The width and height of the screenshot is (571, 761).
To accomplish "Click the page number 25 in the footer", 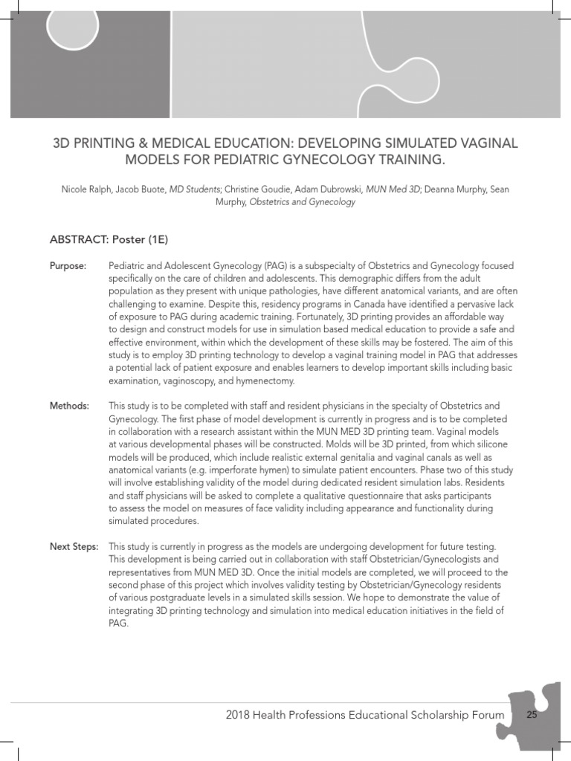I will tap(532, 715).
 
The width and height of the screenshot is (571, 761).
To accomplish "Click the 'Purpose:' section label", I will tap(68, 266).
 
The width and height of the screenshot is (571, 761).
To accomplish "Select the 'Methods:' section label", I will tap(69, 406).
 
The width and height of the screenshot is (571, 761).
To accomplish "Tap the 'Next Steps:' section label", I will tap(74, 546).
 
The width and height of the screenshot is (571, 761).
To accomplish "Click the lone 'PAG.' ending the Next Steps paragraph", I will tap(119, 624).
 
